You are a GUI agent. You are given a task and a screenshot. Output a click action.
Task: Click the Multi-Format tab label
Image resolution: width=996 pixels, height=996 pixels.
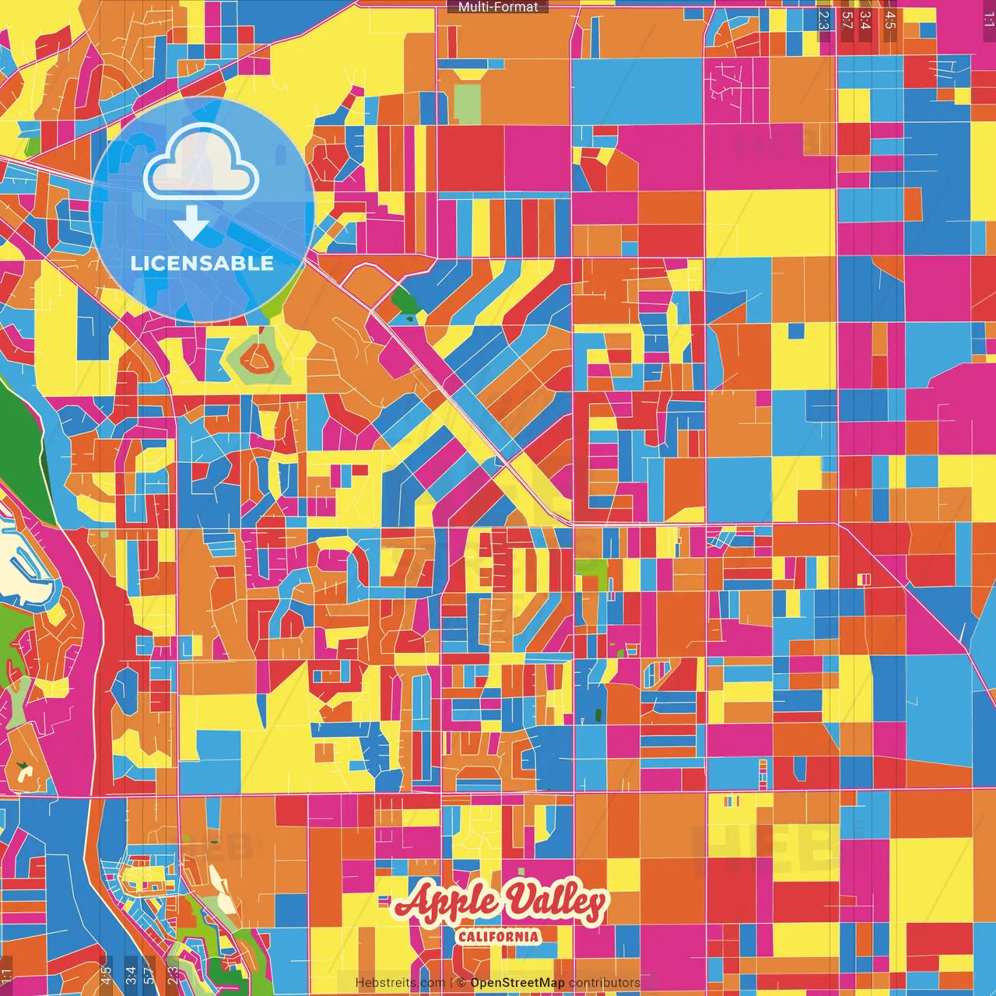tap(498, 7)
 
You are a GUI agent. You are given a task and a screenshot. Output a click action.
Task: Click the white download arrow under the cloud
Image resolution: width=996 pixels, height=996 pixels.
tap(191, 224)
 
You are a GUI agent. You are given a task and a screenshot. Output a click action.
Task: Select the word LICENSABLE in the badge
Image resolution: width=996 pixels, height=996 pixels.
tap(202, 263)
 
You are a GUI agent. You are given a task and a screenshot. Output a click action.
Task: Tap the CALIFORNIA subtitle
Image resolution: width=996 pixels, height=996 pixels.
tap(498, 936)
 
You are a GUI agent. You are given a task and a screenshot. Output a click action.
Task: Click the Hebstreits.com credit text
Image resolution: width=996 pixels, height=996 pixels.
tap(400, 983)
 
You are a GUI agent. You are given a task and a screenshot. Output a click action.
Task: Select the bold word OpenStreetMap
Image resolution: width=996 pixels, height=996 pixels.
tap(517, 983)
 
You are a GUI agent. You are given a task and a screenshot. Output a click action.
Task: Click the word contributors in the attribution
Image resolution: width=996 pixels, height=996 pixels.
tap(605, 983)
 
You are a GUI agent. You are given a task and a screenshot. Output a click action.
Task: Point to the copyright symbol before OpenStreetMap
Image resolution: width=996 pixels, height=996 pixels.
tap(461, 983)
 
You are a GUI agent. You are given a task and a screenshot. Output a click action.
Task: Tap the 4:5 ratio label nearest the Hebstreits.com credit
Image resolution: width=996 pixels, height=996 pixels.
tap(106, 974)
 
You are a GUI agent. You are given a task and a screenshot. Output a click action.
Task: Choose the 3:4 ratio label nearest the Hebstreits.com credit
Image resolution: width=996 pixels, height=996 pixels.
tap(130, 974)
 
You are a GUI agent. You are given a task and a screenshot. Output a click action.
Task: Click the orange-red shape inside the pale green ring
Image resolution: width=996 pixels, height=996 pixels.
tap(254, 359)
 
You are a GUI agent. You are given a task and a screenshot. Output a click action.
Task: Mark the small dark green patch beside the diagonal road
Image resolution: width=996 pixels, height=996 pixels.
tap(404, 300)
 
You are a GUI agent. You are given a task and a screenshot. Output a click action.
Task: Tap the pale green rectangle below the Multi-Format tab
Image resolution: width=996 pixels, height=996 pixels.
tap(467, 103)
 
